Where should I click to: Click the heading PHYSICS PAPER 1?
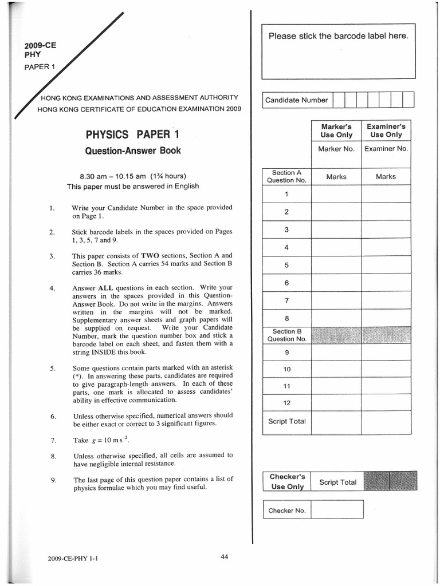point(132,135)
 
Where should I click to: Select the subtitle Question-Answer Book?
point(132,151)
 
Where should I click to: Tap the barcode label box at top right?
point(339,52)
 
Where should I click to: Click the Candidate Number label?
point(296,100)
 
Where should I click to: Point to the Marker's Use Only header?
point(336,130)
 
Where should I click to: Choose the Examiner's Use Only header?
point(386,130)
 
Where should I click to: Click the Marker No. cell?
point(336,149)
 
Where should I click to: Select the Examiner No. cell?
point(386,149)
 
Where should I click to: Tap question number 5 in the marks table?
point(286,266)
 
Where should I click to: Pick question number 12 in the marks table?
point(286,403)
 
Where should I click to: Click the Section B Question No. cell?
point(286,335)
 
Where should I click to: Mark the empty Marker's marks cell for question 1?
point(336,194)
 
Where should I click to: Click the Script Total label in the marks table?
point(286,422)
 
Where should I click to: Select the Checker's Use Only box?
point(287,481)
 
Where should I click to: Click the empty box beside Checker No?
point(337,509)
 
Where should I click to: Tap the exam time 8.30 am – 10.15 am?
point(132,176)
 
